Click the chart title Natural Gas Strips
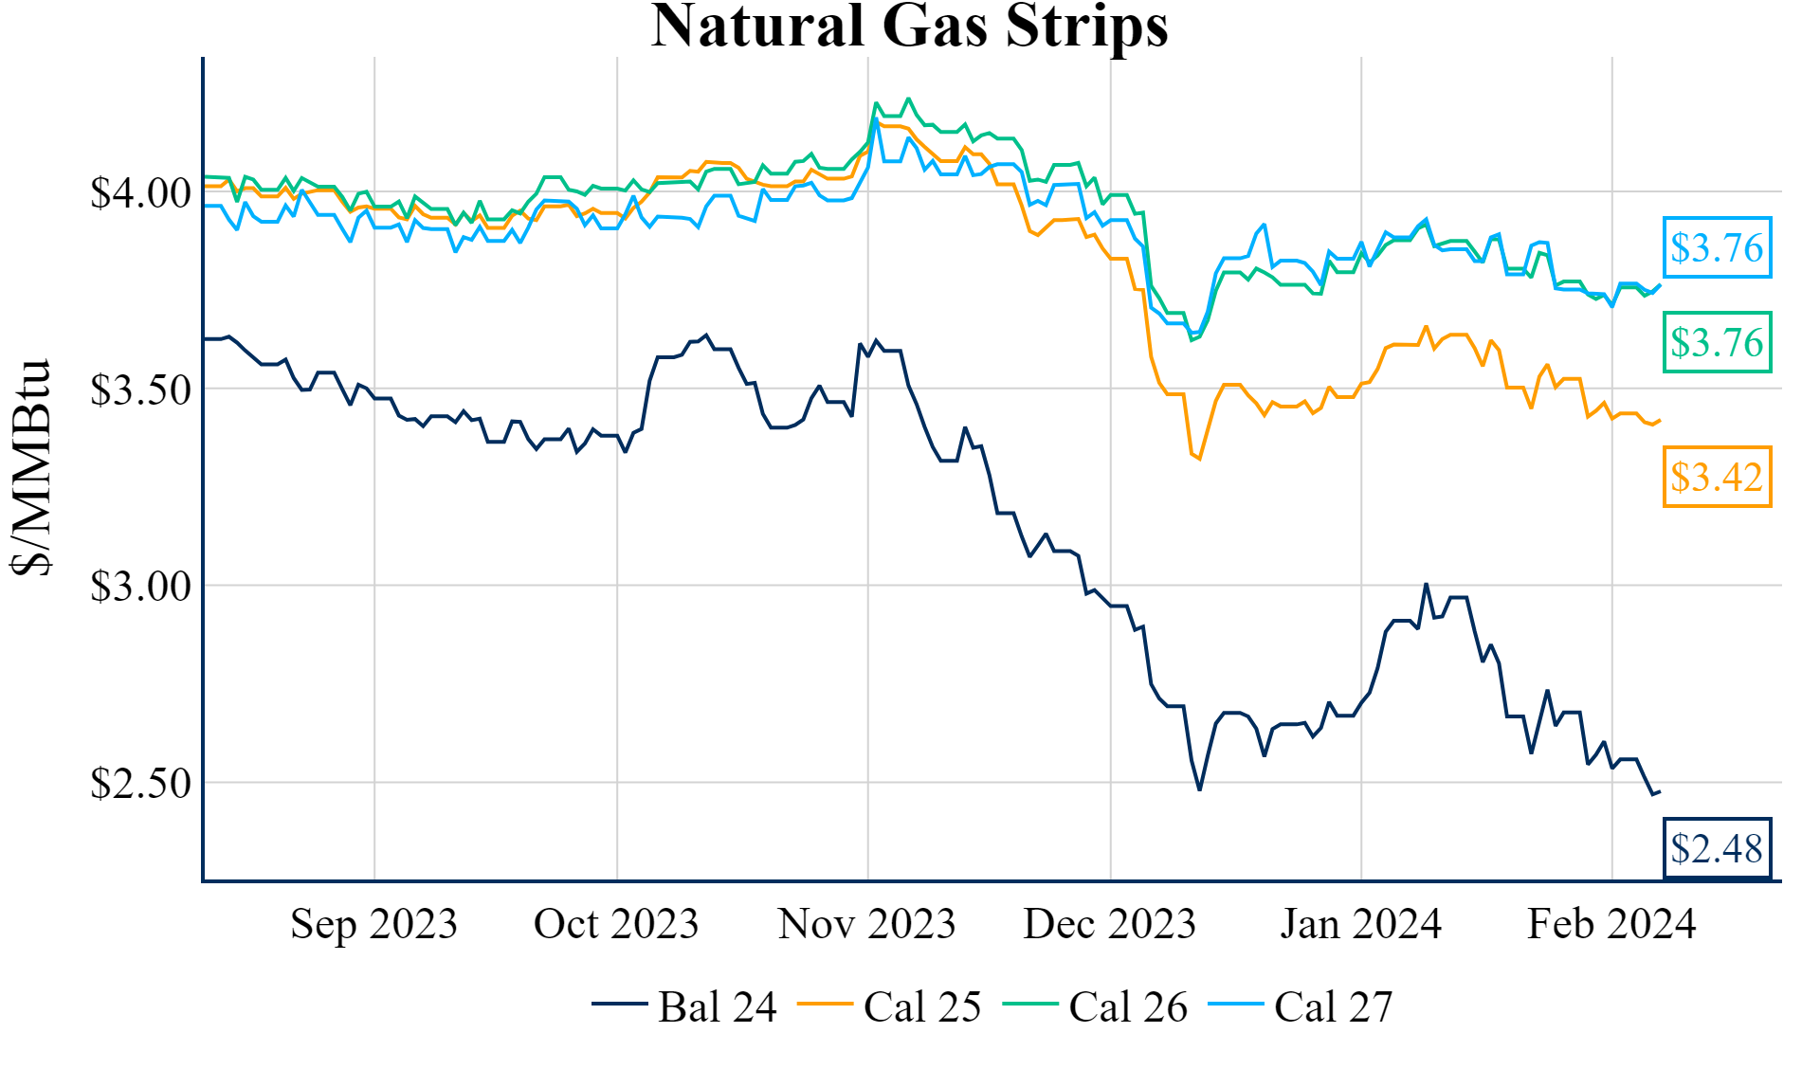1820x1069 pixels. pyautogui.click(x=909, y=27)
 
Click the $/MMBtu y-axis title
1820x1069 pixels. pyautogui.click(x=30, y=467)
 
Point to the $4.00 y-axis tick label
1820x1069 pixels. pyautogui.click(x=140, y=193)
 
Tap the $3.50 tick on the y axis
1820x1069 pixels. pyautogui.click(x=140, y=390)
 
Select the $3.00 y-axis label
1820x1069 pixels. pyautogui.click(x=140, y=587)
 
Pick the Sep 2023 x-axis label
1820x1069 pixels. pyautogui.click(x=373, y=924)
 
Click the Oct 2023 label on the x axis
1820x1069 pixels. pyautogui.click(x=616, y=924)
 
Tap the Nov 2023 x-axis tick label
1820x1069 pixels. pyautogui.click(x=866, y=924)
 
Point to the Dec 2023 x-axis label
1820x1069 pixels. pyautogui.click(x=1109, y=924)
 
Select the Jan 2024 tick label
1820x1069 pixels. pyautogui.click(x=1360, y=924)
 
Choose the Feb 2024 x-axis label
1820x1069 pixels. pyautogui.click(x=1611, y=924)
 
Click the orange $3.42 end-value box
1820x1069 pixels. pyautogui.click(x=1717, y=477)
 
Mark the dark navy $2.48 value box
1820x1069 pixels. pyautogui.click(x=1717, y=848)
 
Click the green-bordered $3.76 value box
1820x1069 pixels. pyautogui.click(x=1717, y=342)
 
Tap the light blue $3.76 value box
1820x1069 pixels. pyautogui.click(x=1717, y=247)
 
